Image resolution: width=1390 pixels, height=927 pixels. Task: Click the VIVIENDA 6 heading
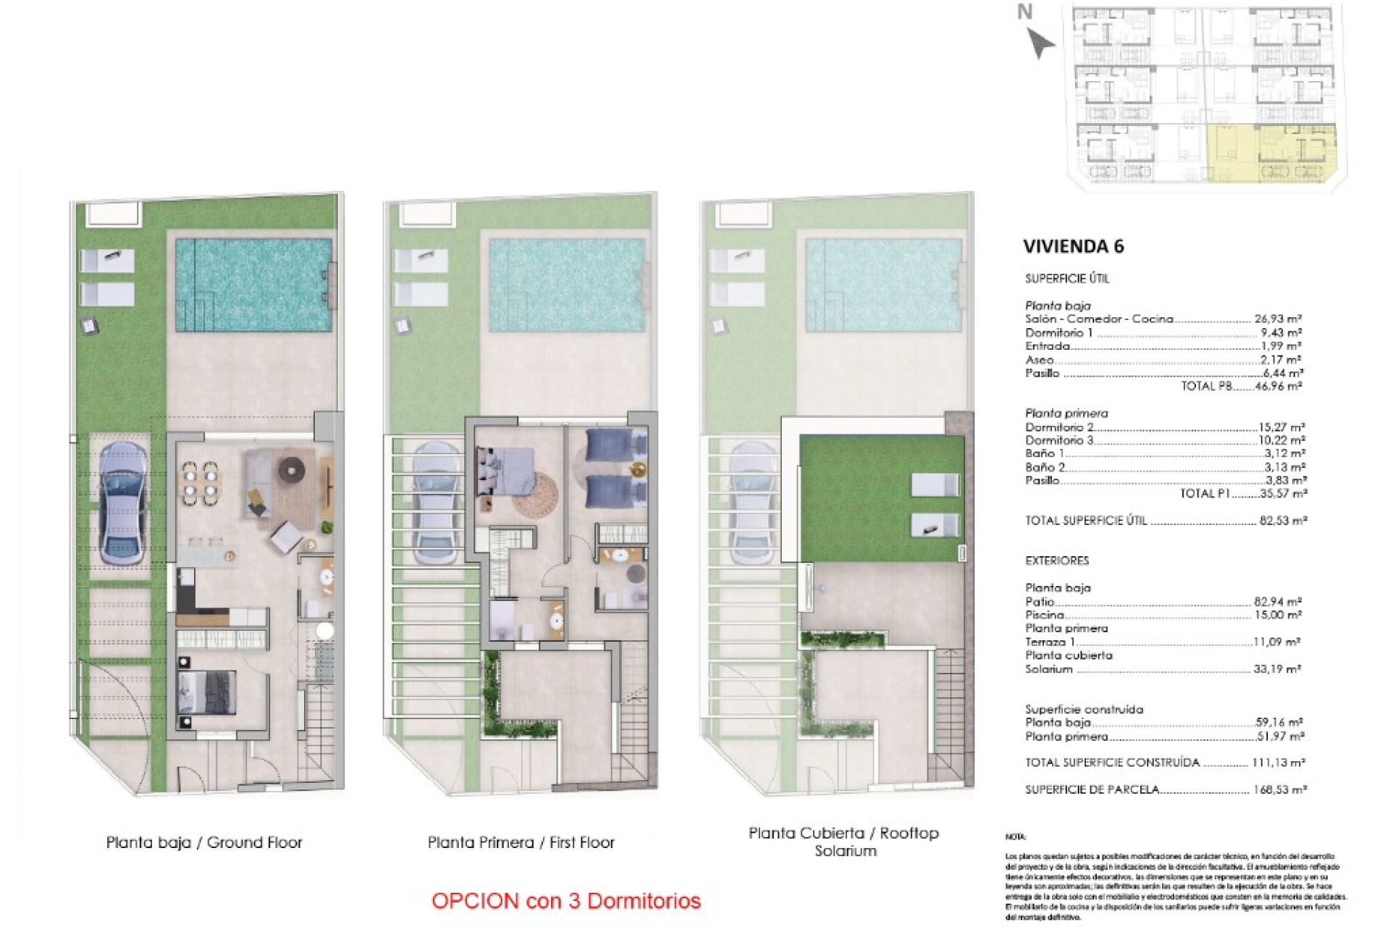[x=1073, y=246]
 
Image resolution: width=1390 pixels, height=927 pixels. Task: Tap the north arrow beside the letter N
[x=1041, y=43]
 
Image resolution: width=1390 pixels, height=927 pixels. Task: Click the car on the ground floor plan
[x=122, y=503]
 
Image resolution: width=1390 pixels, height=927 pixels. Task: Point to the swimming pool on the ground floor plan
[x=253, y=285]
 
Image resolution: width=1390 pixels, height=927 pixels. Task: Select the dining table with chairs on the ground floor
[x=200, y=482]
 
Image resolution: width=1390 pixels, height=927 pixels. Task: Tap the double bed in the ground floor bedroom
[x=207, y=692]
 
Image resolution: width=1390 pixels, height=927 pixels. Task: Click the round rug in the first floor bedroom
[x=536, y=495]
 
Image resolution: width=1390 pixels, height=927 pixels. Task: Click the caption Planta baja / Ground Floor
[x=204, y=842]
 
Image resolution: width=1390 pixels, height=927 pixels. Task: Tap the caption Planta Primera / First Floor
[x=521, y=842]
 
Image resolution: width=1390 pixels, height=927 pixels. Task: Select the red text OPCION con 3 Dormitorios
[x=565, y=901]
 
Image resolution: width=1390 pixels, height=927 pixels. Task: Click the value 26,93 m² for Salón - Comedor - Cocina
[x=1278, y=319]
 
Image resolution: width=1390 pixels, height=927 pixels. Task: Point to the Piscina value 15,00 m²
[x=1278, y=615]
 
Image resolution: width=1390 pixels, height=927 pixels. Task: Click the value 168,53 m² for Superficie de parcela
[x=1279, y=789]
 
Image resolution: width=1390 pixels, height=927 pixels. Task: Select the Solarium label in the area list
[x=1048, y=669]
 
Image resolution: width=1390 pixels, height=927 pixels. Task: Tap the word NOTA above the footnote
[x=1016, y=837]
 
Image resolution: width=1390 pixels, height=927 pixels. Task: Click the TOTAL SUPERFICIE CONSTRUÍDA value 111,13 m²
[x=1278, y=763]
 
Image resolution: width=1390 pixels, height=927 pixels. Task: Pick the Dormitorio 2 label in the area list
[x=1058, y=427]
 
